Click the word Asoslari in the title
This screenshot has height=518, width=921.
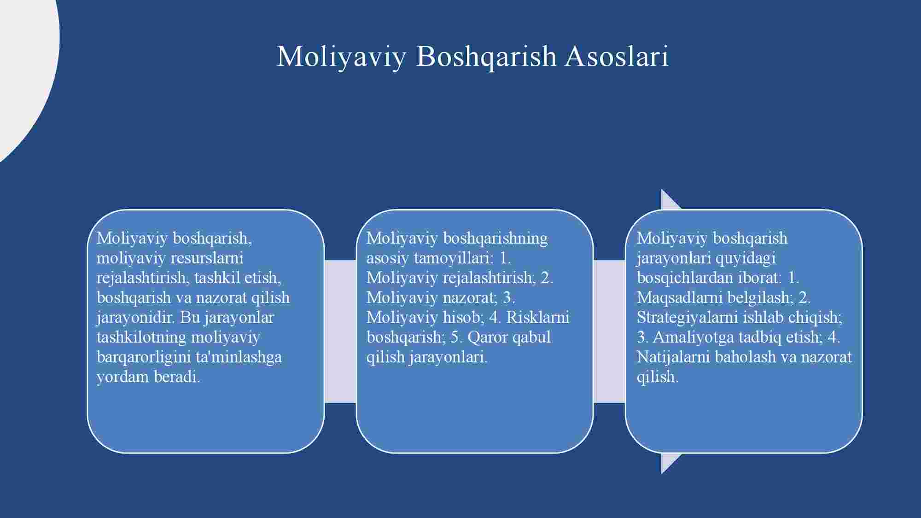point(617,56)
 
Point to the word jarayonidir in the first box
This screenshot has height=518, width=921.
point(136,318)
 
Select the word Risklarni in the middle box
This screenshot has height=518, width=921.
point(538,317)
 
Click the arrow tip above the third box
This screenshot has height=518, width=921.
point(662,190)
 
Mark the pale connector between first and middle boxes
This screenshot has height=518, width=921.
point(340,331)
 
